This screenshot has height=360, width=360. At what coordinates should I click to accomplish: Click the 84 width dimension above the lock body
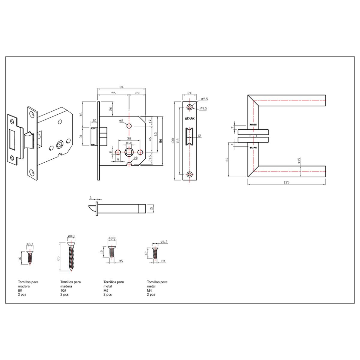pos(121,87)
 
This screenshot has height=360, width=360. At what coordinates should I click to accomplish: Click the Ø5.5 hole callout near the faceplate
pos(204,99)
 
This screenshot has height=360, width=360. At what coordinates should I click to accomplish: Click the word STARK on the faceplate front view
pos(190,119)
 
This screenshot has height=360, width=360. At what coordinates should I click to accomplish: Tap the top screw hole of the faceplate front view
pos(190,107)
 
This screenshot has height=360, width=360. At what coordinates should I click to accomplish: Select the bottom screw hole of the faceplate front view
pos(190,174)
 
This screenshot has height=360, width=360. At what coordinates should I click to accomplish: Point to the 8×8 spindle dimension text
pos(129,143)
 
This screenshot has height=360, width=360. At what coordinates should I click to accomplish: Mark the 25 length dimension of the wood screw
pos(59,258)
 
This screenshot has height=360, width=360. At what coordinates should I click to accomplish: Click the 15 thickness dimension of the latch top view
pos(151,208)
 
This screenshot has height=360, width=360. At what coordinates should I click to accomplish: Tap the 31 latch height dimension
pos(81,136)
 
